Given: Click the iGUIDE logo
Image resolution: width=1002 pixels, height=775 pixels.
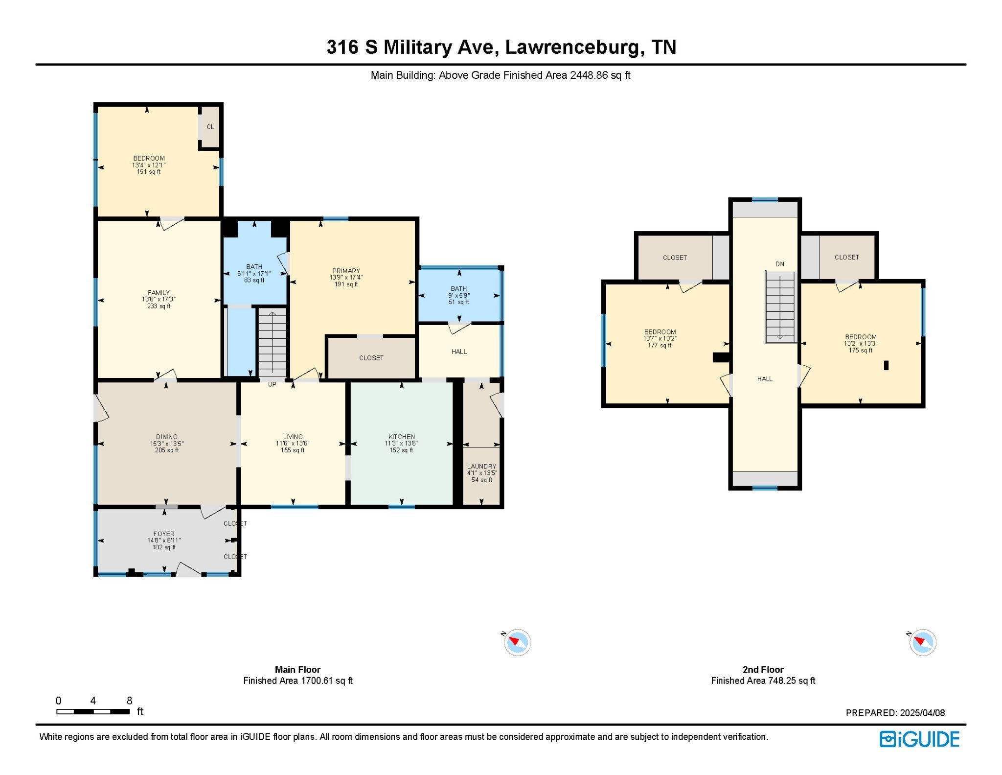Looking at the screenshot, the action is pyautogui.click(x=919, y=739).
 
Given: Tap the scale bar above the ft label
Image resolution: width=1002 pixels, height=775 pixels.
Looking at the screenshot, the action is pyautogui.click(x=93, y=711).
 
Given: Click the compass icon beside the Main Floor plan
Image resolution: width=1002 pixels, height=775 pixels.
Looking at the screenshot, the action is pyautogui.click(x=517, y=642).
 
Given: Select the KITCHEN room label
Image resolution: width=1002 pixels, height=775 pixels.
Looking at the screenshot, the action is pyautogui.click(x=402, y=437).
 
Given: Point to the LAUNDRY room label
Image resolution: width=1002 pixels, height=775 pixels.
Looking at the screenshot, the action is pyautogui.click(x=481, y=467).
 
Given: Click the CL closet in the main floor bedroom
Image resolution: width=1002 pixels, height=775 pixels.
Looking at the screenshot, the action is pyautogui.click(x=210, y=127).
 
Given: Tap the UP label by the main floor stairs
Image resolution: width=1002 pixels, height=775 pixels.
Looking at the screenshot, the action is pyautogui.click(x=272, y=384).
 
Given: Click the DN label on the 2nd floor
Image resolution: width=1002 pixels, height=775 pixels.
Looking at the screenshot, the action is pyautogui.click(x=780, y=264).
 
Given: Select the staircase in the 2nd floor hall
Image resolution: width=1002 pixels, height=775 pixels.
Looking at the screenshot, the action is pyautogui.click(x=780, y=307).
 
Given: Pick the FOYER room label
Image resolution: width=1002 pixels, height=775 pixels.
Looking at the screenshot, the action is pyautogui.click(x=164, y=534).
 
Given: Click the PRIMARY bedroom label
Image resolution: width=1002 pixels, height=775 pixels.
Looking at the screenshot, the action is pyautogui.click(x=346, y=271).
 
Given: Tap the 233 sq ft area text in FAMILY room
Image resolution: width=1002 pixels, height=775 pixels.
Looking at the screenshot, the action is pyautogui.click(x=159, y=306).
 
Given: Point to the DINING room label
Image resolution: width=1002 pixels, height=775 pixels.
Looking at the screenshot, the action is pyautogui.click(x=167, y=437).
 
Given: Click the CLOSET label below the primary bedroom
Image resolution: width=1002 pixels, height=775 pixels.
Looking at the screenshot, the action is pyautogui.click(x=371, y=358).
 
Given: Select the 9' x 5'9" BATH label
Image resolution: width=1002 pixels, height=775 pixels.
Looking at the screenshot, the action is pyautogui.click(x=459, y=295).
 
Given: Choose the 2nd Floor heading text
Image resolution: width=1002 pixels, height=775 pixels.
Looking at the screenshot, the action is pyautogui.click(x=763, y=669).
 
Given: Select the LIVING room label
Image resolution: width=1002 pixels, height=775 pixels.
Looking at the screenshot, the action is pyautogui.click(x=293, y=437).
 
